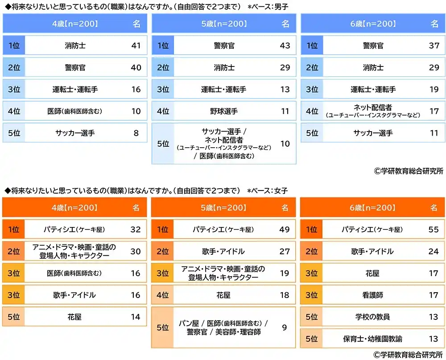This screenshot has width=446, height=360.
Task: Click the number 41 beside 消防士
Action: point(136,46)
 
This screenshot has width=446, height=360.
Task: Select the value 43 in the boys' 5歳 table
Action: point(285,46)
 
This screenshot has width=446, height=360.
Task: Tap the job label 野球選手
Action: point(224,111)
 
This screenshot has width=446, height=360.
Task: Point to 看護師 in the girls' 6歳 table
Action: point(372,295)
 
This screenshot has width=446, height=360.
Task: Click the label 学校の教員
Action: point(372,317)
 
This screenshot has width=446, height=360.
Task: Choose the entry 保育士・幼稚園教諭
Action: point(372,339)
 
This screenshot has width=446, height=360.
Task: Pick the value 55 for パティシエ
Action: point(434,229)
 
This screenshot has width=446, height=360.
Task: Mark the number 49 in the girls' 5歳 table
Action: point(285,229)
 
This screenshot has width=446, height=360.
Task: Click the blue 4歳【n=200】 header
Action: point(74,24)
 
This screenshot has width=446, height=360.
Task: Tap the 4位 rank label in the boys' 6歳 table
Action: point(312,111)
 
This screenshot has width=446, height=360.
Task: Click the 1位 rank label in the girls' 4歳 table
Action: point(13,229)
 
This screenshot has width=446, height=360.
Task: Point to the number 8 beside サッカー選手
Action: point(136,133)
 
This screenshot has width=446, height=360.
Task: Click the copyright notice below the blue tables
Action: point(409,171)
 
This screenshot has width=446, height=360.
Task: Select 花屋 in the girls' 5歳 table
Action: point(224,295)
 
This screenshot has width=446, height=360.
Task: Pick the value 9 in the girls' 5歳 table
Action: point(285,328)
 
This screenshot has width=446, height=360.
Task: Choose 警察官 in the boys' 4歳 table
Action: point(74,67)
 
